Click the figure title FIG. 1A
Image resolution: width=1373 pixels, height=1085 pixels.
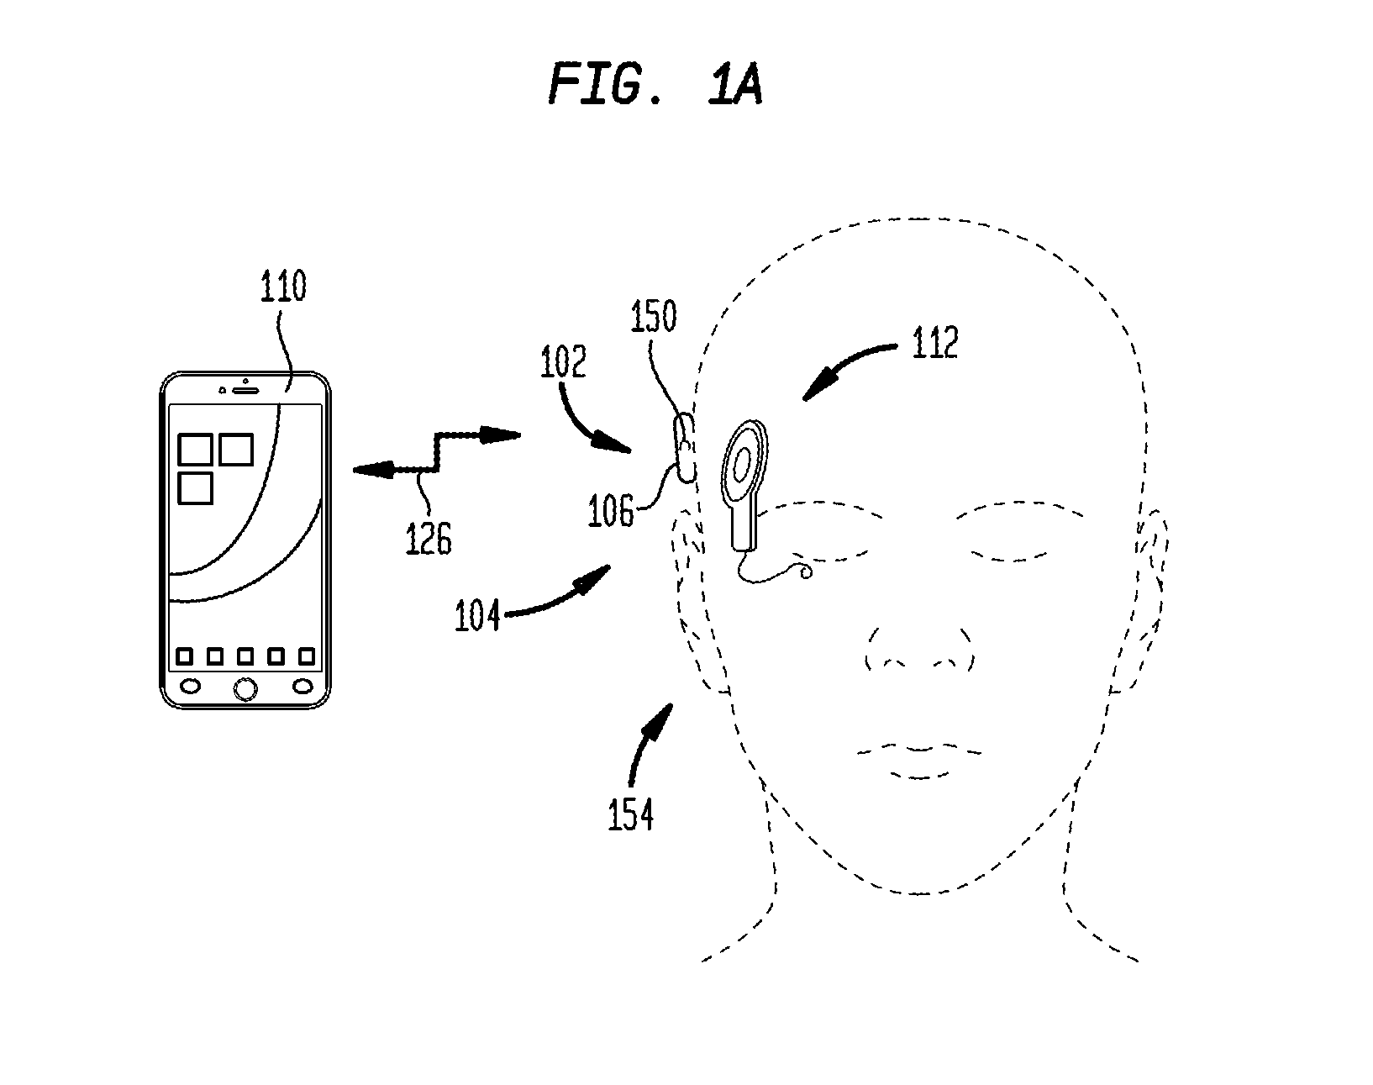tap(655, 83)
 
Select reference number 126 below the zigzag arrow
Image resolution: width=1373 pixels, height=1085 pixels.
tap(429, 538)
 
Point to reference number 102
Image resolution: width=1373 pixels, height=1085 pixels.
tap(563, 362)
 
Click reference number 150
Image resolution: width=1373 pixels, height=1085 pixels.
tap(654, 316)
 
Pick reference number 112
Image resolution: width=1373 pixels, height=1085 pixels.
tap(935, 343)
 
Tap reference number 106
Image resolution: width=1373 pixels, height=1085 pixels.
tap(611, 511)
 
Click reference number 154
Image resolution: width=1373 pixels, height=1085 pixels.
tap(631, 815)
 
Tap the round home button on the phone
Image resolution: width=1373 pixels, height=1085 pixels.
tap(245, 688)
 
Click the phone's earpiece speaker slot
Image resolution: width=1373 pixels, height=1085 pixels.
tap(245, 391)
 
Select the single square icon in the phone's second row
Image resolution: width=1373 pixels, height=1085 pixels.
tap(195, 489)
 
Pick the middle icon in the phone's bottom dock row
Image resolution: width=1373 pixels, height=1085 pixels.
tap(245, 656)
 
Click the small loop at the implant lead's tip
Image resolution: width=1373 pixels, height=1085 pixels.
tap(807, 572)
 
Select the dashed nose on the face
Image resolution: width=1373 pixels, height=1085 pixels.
tap(919, 649)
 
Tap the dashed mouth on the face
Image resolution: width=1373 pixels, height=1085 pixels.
tap(919, 761)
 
